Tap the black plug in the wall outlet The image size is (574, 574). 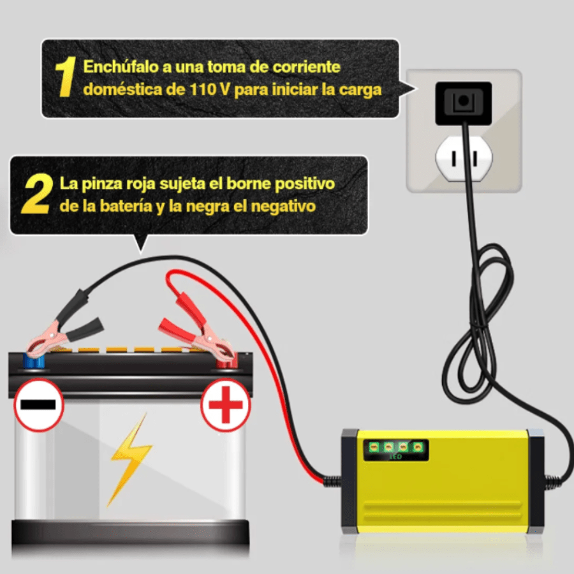[x=463, y=103]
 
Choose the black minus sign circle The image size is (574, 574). [x=39, y=404]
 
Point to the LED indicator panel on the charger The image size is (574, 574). [x=395, y=450]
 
